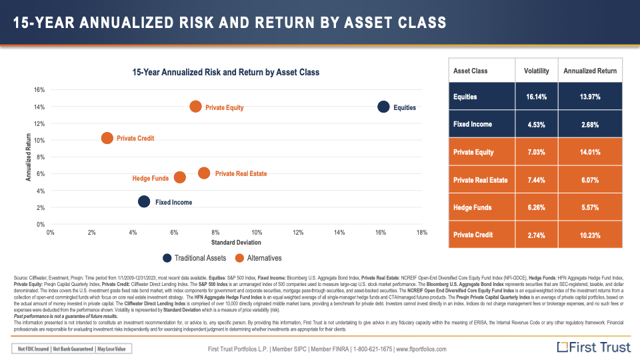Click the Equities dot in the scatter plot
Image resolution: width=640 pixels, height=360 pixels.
click(x=383, y=107)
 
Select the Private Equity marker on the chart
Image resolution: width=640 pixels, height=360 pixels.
click(x=195, y=107)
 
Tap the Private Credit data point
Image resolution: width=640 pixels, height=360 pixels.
click(x=107, y=138)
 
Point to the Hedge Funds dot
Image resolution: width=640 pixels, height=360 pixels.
click(x=179, y=177)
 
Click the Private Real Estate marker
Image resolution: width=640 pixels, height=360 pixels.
click(x=204, y=173)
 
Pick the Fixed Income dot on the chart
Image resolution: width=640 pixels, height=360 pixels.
click(x=144, y=201)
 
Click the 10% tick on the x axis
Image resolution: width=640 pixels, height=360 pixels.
click(x=257, y=232)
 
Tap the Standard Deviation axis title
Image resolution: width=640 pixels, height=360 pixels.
click(x=236, y=242)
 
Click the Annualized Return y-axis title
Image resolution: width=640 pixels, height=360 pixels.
click(x=29, y=157)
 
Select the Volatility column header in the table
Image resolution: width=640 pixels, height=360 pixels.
click(x=536, y=71)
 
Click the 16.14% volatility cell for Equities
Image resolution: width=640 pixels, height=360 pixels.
click(x=536, y=97)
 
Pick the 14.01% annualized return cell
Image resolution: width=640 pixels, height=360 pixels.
click(x=589, y=152)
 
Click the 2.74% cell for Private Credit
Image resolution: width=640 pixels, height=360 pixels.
click(x=536, y=235)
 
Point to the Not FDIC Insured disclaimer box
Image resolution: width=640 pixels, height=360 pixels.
click(x=73, y=349)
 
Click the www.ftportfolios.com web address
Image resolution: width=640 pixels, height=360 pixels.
click(x=421, y=349)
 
